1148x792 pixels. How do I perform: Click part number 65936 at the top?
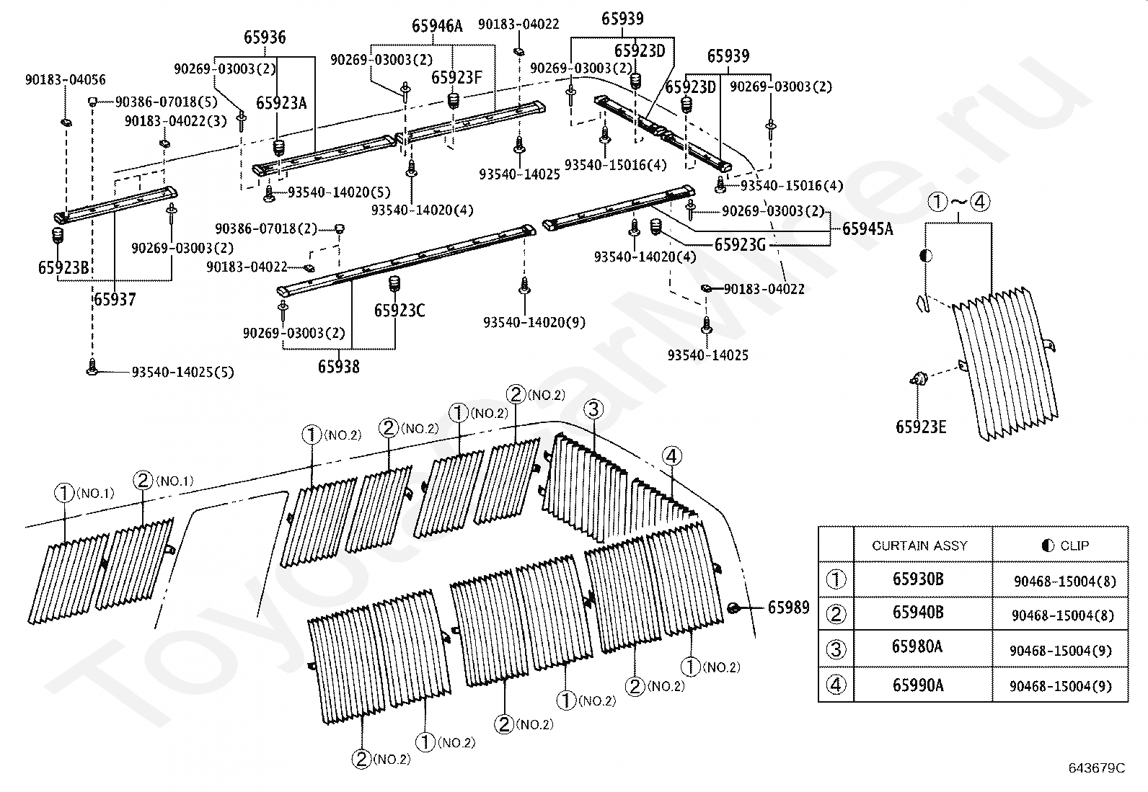(265, 37)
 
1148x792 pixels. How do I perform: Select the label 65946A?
(437, 26)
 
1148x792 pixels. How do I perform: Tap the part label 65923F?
(456, 77)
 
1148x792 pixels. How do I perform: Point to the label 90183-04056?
(65, 79)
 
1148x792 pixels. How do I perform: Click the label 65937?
(115, 299)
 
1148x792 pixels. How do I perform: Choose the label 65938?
(339, 367)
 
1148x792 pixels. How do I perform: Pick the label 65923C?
(399, 311)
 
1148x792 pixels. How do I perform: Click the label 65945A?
(867, 228)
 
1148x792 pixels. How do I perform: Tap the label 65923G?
(740, 245)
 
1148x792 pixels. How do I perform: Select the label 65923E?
(921, 427)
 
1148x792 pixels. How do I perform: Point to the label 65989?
(788, 608)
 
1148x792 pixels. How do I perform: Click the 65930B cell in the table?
(918, 579)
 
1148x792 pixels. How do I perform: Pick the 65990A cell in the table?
(918, 685)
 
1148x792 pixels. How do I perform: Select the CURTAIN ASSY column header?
(920, 546)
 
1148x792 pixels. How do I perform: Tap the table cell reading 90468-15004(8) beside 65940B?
(1063, 615)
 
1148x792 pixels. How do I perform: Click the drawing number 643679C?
(1097, 768)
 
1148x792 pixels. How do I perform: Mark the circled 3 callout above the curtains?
(593, 409)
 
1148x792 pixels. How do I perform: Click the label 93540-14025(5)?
(182, 372)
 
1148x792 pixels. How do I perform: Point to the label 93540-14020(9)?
(534, 322)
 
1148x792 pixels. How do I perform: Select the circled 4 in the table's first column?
(836, 685)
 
